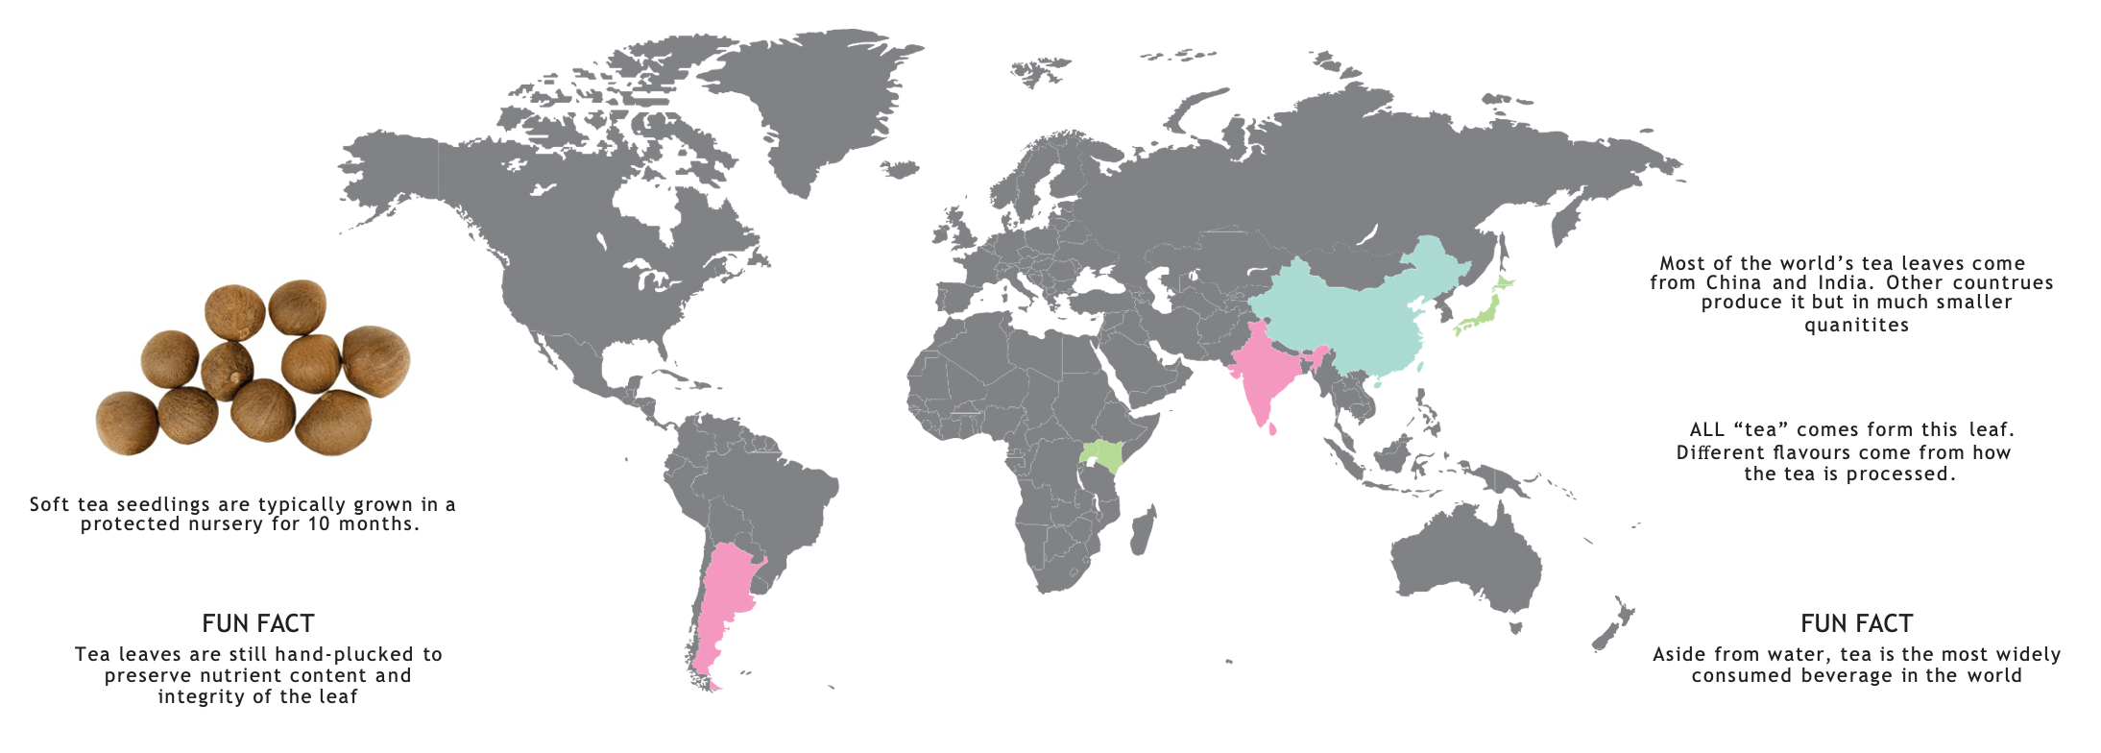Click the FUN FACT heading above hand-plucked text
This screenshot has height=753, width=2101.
coord(258,623)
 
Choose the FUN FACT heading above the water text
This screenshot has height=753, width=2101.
coord(1856,623)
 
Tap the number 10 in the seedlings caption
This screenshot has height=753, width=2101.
coord(318,524)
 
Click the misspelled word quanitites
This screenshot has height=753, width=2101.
coord(1856,326)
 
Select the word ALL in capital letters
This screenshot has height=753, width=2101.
coord(1706,429)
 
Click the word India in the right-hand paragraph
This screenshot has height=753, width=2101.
coord(1843,283)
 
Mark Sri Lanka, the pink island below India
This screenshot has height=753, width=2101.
coord(1273,429)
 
